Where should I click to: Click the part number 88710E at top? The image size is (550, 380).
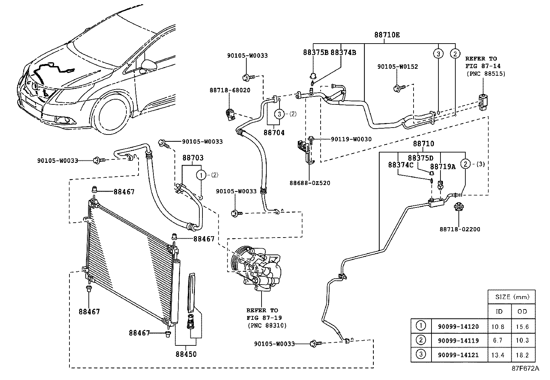tap(387, 35)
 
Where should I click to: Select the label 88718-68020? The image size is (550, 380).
tap(230, 90)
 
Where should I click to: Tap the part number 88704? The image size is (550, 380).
tap(274, 132)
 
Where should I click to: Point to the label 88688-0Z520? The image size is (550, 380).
tap(310, 183)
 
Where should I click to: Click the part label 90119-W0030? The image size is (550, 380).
tap(351, 139)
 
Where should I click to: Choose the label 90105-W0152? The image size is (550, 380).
tap(397, 67)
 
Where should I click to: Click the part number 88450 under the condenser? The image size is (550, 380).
tap(186, 354)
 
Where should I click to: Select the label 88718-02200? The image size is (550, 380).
tap(459, 229)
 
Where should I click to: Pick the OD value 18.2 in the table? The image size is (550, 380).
tap(522, 355)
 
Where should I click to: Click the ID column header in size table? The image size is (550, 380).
tap(499, 312)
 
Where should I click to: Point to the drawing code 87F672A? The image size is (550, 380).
tap(525, 369)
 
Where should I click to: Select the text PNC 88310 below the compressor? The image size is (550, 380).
tap(267, 325)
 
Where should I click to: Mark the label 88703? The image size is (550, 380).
tap(193, 158)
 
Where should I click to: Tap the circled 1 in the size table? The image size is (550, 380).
tap(421, 326)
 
